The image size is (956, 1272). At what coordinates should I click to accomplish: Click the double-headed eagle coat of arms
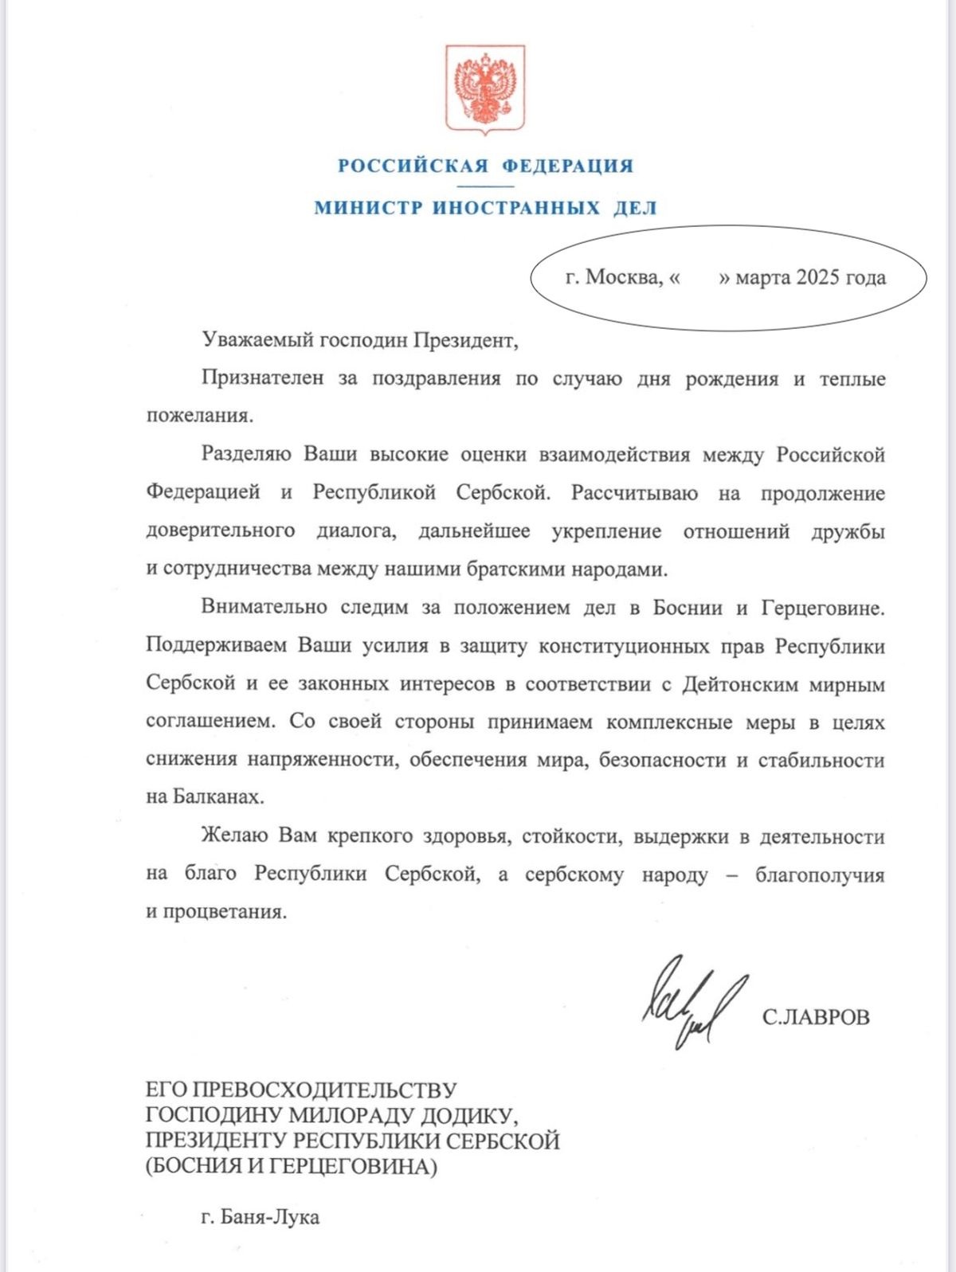tap(484, 88)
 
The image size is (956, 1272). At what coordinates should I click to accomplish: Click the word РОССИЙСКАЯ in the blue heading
tap(413, 166)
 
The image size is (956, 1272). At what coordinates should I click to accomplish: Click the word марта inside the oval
tap(762, 278)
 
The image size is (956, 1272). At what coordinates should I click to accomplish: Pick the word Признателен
tap(262, 379)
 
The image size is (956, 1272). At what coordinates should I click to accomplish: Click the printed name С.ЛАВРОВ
tap(816, 1017)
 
